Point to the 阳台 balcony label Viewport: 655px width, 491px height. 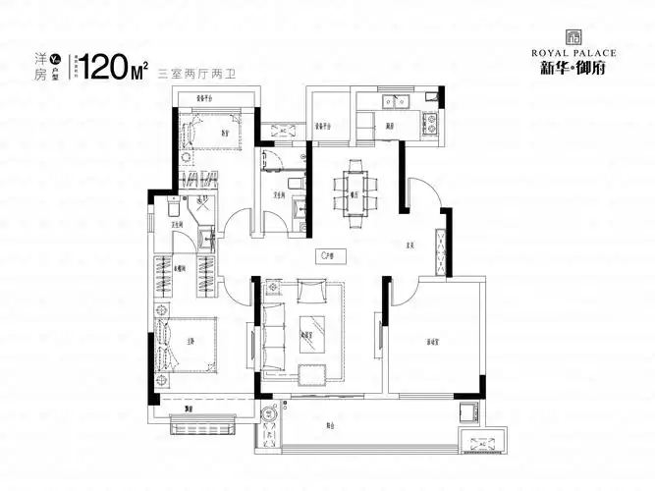(x=331, y=425)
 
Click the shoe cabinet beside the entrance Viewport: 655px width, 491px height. (x=441, y=249)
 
